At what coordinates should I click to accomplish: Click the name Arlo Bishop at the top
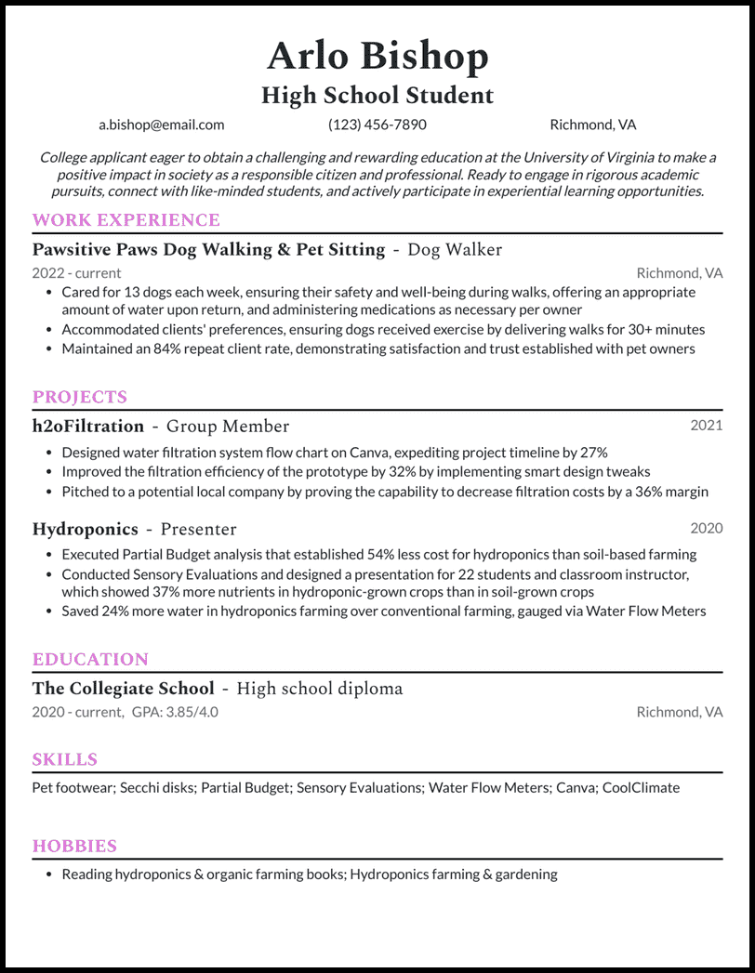377,57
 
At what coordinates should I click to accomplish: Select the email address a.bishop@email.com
162,125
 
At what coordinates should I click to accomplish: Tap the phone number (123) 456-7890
377,125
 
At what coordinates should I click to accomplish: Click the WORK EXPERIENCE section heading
126,220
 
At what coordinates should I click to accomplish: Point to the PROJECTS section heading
80,397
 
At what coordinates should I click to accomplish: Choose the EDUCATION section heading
90,659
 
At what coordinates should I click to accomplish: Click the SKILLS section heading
65,759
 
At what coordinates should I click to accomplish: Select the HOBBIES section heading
74,846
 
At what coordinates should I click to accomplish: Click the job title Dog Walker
455,249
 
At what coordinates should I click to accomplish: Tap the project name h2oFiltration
88,427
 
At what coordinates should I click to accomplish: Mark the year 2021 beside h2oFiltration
706,426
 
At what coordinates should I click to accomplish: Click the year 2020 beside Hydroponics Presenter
706,528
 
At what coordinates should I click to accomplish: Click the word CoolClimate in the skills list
641,787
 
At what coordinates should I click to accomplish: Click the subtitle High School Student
377,95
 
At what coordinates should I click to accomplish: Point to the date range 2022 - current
76,273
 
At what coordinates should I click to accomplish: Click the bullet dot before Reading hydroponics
47,874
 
